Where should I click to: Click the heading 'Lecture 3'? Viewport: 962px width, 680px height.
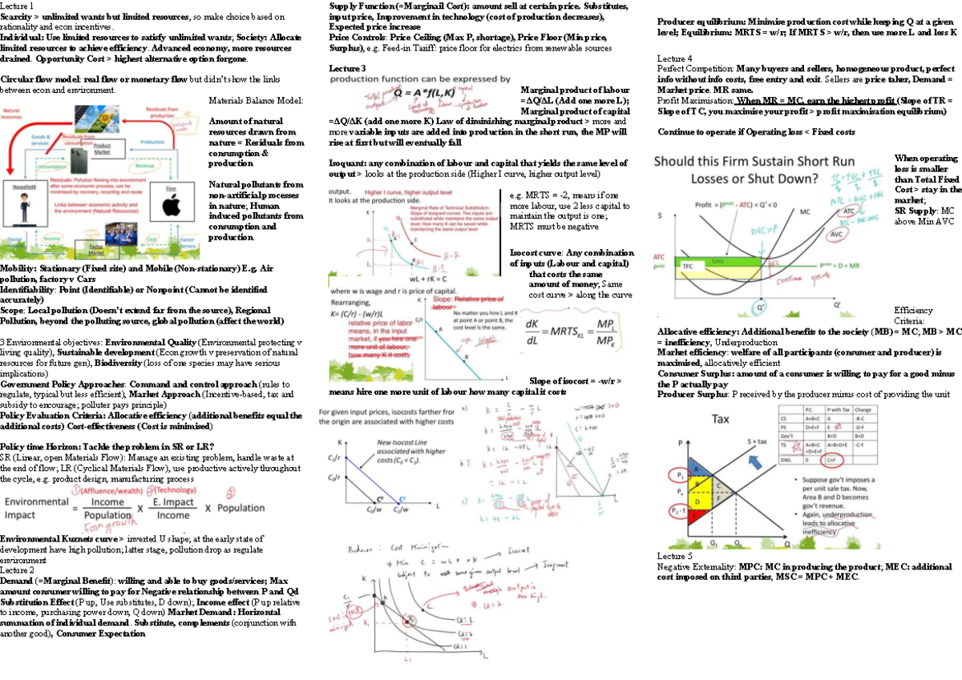(x=347, y=69)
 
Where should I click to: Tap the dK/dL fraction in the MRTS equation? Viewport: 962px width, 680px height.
(x=532, y=330)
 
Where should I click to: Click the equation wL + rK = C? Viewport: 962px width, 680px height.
(x=431, y=278)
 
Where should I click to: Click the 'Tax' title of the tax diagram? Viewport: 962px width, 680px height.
(x=721, y=418)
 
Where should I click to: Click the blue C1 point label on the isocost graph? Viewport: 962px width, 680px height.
(x=402, y=499)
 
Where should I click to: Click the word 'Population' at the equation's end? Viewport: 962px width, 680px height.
(x=240, y=508)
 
